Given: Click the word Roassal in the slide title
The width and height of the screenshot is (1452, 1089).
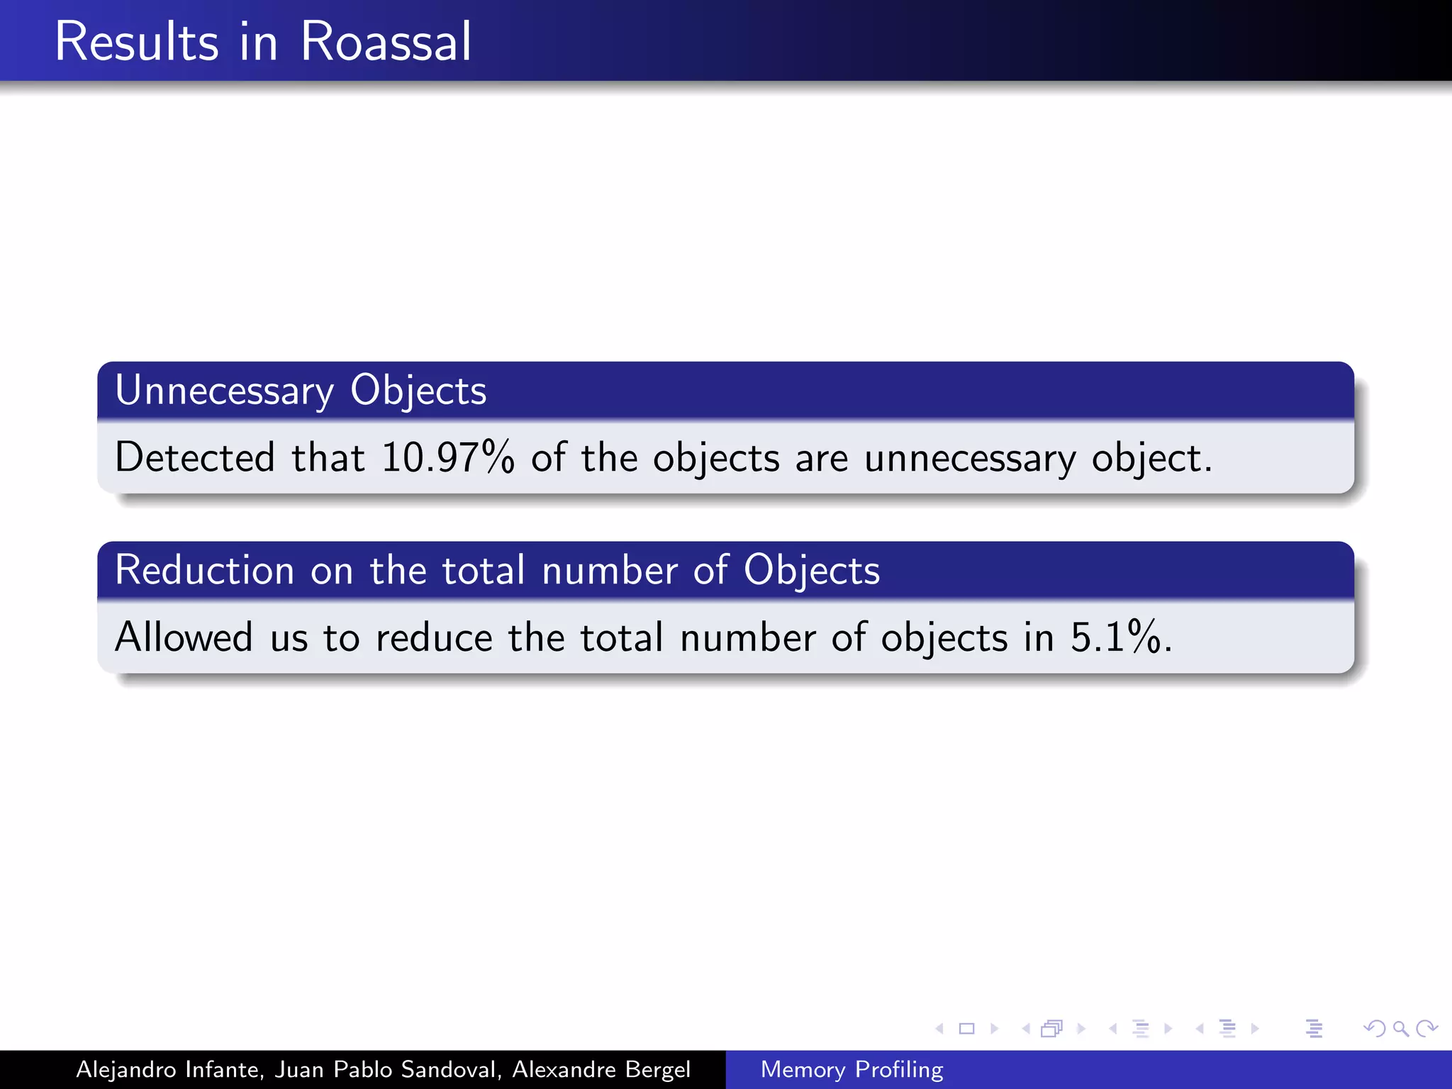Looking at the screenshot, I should click(x=386, y=42).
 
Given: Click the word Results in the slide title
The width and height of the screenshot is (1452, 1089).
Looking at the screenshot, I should click(x=136, y=42).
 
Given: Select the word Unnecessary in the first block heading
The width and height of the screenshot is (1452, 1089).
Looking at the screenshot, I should click(x=224, y=391).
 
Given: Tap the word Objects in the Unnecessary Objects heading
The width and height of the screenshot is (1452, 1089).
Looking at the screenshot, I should click(x=418, y=391).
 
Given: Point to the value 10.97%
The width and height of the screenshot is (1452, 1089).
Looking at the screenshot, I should click(x=447, y=457).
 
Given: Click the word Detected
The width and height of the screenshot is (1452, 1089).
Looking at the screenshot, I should click(x=194, y=457).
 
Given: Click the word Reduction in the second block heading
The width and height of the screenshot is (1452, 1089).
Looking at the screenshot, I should click(x=204, y=570).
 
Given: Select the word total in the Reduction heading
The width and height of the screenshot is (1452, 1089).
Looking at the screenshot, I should click(x=484, y=570).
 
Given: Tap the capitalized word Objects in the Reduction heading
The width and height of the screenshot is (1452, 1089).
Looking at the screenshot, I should click(x=812, y=570).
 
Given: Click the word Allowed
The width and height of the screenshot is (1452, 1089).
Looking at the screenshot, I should click(x=184, y=637).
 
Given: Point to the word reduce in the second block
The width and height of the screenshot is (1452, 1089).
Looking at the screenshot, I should click(x=434, y=637).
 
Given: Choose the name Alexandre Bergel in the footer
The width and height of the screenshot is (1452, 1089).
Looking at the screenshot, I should click(x=601, y=1069).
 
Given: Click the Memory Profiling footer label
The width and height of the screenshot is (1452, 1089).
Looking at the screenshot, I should click(x=851, y=1069).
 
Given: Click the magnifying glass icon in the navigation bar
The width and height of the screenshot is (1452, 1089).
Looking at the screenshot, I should click(x=1400, y=1028).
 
